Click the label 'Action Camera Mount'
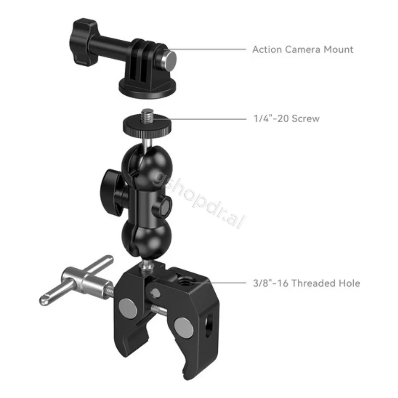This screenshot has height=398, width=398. pyautogui.click(x=303, y=49)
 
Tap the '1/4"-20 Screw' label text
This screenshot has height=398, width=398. pyautogui.click(x=287, y=119)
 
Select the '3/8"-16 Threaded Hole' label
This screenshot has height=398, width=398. pyautogui.click(x=307, y=283)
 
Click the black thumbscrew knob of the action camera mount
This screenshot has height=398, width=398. pyautogui.click(x=83, y=42)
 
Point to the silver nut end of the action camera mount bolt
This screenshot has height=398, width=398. pyautogui.click(x=170, y=60)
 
